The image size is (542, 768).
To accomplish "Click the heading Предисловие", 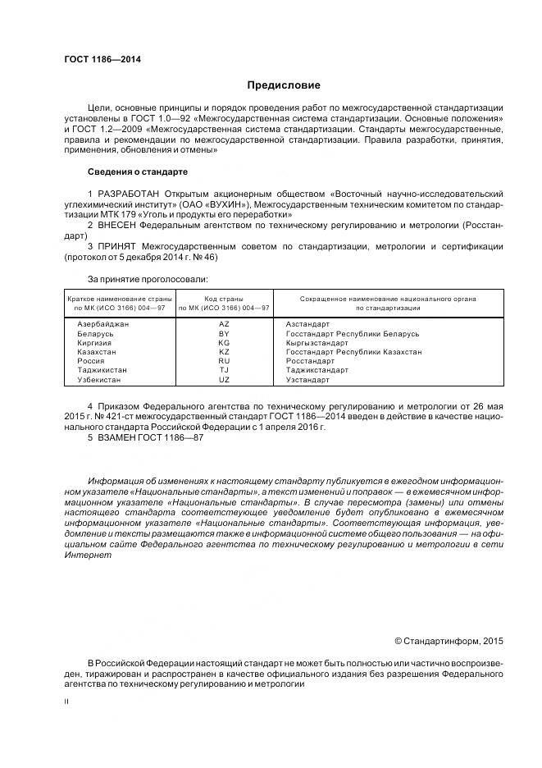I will [284, 85].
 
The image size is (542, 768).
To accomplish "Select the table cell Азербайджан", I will [103, 325].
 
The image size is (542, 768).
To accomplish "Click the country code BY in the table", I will [224, 334].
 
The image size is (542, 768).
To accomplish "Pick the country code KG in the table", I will [224, 343].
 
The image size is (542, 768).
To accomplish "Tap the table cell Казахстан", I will [97, 352].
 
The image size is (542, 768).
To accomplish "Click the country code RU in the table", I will [224, 361].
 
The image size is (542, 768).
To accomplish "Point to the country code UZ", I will [224, 380].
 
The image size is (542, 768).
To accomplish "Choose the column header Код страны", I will [224, 299].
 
